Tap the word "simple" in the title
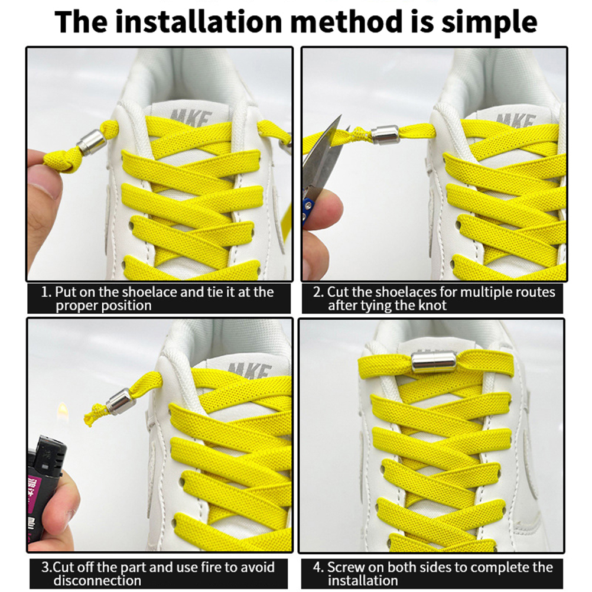pos(489,22)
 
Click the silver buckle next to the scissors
pos(385,134)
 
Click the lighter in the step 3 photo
pos(45,491)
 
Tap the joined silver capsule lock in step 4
pos(434,363)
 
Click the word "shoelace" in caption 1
pos(149,292)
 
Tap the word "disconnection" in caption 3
pos(97,580)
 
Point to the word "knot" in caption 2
pos(433,305)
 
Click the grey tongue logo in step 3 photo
pos(250,370)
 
